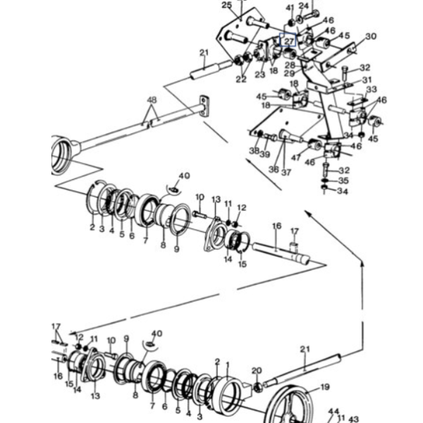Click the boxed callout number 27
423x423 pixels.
point(289,42)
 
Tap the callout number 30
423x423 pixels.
point(371,36)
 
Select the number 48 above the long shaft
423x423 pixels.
point(152,100)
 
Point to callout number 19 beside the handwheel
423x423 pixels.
point(325,387)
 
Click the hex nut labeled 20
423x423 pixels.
point(258,388)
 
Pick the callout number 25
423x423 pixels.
point(226,5)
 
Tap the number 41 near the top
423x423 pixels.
point(290,8)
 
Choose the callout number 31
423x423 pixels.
point(367,80)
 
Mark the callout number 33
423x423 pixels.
point(372,89)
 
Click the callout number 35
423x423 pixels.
point(343,180)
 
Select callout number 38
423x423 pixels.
point(255,151)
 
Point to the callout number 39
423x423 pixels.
point(265,154)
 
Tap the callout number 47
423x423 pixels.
point(296,157)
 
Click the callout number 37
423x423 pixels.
point(286,172)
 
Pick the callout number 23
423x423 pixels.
point(259,75)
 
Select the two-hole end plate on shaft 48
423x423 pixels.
point(204,106)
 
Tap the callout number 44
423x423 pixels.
point(333,412)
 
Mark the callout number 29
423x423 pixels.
point(290,73)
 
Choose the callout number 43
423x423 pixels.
point(353,419)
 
